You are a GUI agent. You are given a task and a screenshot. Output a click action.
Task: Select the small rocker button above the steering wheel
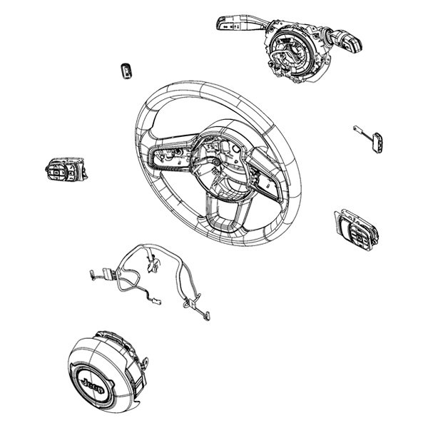click(x=126, y=69)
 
